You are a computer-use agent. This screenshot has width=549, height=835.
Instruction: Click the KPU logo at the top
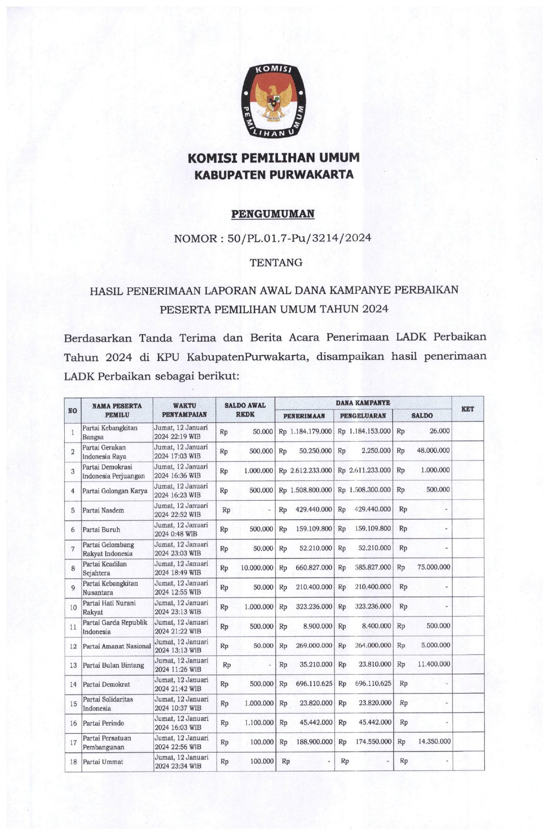click(x=273, y=102)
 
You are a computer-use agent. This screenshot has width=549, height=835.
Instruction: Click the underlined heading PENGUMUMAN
click(x=273, y=214)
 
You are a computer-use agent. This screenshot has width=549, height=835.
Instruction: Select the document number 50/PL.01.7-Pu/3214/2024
click(x=299, y=238)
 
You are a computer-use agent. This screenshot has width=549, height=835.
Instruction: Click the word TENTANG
click(x=276, y=262)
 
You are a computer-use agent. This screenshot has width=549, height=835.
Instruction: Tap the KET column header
click(x=467, y=409)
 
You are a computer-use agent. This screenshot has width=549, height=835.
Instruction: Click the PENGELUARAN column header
click(x=363, y=416)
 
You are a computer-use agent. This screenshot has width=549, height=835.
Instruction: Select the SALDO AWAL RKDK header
click(x=245, y=409)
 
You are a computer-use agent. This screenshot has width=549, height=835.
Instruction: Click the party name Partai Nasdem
click(x=103, y=510)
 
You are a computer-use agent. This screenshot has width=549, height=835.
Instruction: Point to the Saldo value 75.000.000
click(x=433, y=567)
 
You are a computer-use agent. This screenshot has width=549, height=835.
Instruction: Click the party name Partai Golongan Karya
click(x=115, y=491)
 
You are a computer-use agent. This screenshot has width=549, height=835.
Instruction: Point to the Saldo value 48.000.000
click(x=433, y=451)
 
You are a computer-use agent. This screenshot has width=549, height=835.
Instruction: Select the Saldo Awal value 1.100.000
click(x=259, y=723)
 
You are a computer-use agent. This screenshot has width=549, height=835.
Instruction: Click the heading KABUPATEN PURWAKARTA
click(x=274, y=174)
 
